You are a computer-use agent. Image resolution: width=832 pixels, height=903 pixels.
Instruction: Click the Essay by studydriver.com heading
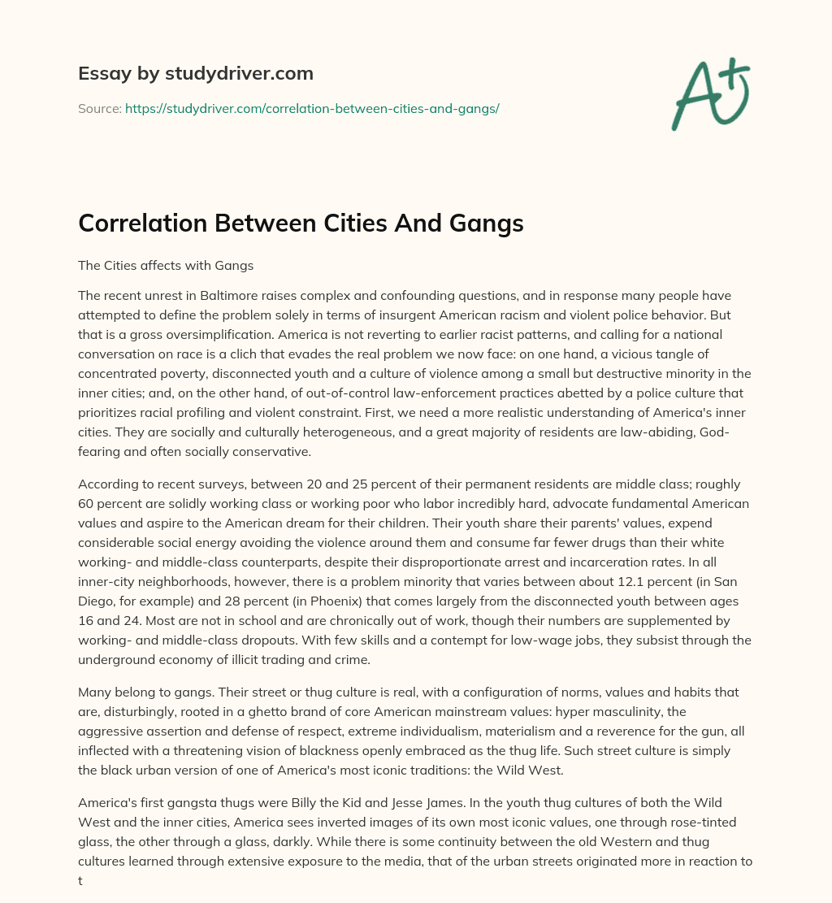[195, 73]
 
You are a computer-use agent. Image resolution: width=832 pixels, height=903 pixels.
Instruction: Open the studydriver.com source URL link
[311, 108]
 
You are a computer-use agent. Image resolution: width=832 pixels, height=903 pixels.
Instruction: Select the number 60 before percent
[89, 503]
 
